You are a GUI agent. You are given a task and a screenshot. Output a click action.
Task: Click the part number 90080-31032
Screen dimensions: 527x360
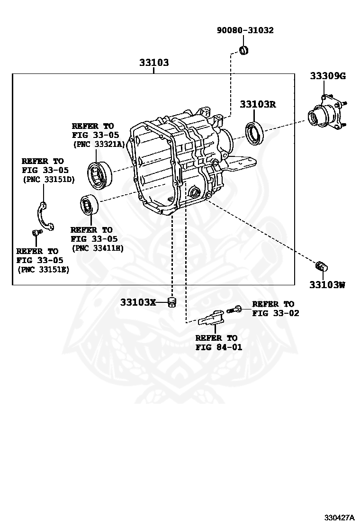click(x=245, y=30)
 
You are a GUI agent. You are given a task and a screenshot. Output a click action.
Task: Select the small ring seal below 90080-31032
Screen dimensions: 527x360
click(x=244, y=50)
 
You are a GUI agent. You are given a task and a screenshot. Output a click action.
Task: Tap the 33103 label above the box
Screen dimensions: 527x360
click(x=154, y=62)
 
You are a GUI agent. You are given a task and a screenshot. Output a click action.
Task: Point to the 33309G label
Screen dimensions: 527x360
click(x=328, y=75)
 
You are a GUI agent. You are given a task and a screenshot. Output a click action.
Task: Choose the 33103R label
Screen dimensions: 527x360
click(x=257, y=104)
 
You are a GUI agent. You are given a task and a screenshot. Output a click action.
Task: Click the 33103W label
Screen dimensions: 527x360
click(x=327, y=285)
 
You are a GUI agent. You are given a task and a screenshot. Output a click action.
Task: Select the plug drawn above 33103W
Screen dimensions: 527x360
click(x=322, y=265)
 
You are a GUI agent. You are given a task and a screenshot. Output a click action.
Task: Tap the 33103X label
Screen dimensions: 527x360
click(x=138, y=302)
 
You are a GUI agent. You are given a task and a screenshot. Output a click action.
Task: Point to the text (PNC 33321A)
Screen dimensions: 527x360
click(x=98, y=145)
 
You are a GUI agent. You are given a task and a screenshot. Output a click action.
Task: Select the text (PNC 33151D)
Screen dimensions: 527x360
click(x=49, y=180)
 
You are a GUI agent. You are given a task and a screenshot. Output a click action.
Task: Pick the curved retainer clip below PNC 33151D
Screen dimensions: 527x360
click(x=45, y=216)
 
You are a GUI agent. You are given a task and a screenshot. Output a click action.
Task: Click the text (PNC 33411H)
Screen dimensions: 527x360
click(x=97, y=248)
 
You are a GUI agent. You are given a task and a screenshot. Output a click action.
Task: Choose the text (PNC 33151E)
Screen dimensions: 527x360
click(x=43, y=269)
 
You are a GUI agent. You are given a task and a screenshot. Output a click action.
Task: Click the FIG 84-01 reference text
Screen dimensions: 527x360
click(x=218, y=347)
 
